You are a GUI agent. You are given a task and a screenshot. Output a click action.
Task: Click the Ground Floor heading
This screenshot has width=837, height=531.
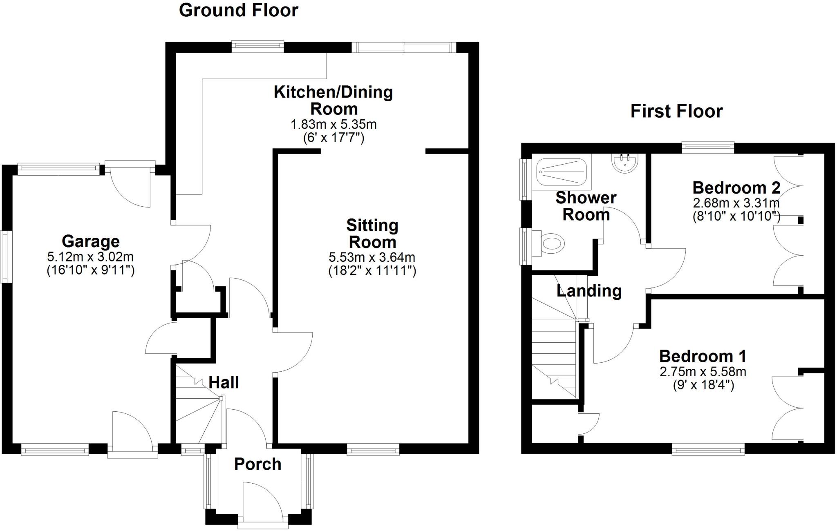pos(239,10)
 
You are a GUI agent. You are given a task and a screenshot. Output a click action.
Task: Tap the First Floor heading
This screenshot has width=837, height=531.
pos(676,111)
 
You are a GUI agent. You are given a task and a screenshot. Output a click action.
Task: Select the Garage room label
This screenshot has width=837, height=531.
pos(90,241)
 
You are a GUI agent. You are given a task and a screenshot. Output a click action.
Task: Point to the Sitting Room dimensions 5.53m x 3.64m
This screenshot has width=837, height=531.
pos(372,257)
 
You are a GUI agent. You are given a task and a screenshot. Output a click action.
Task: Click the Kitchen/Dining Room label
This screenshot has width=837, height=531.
pos(333,100)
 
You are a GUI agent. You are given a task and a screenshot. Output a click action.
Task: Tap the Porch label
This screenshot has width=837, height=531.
pos(257,464)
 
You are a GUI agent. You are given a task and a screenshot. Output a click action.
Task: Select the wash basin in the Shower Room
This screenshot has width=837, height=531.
pos(625,163)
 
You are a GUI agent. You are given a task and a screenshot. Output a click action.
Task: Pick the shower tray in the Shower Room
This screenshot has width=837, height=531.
pos(562,173)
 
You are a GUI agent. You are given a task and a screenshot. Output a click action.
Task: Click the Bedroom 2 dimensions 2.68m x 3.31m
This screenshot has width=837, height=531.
pos(736,203)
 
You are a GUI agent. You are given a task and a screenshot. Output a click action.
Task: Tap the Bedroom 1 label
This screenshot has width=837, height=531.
pos(703,356)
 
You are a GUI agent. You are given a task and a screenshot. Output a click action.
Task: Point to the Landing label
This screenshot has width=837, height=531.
pos(589,291)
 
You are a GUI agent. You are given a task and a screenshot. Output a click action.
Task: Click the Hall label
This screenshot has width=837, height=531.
pos(224,383)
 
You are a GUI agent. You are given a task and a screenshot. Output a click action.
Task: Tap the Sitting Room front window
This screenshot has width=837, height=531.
pos(373,450)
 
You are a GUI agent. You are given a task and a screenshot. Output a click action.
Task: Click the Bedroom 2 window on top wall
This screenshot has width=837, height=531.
pos(708,147)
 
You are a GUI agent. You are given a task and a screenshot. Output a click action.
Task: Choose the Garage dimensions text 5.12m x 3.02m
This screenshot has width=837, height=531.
pos(90,257)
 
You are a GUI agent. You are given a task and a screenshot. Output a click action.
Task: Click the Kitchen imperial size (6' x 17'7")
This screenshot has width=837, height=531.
pos(333,138)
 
